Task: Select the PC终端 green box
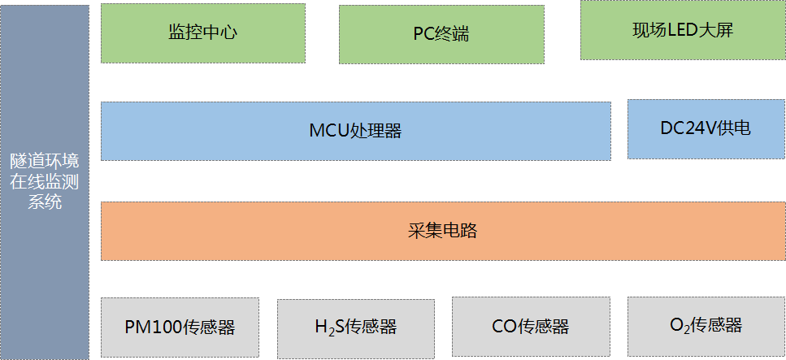coord(441,34)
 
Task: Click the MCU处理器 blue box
coord(355,130)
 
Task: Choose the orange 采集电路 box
coord(441,231)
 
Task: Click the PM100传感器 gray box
coord(180,328)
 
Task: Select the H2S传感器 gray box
coord(355,328)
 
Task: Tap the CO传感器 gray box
coord(530,327)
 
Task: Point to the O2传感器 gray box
coord(706,326)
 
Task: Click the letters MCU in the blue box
coord(328,131)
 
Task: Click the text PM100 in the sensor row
coord(151,328)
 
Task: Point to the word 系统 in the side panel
coord(45,203)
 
